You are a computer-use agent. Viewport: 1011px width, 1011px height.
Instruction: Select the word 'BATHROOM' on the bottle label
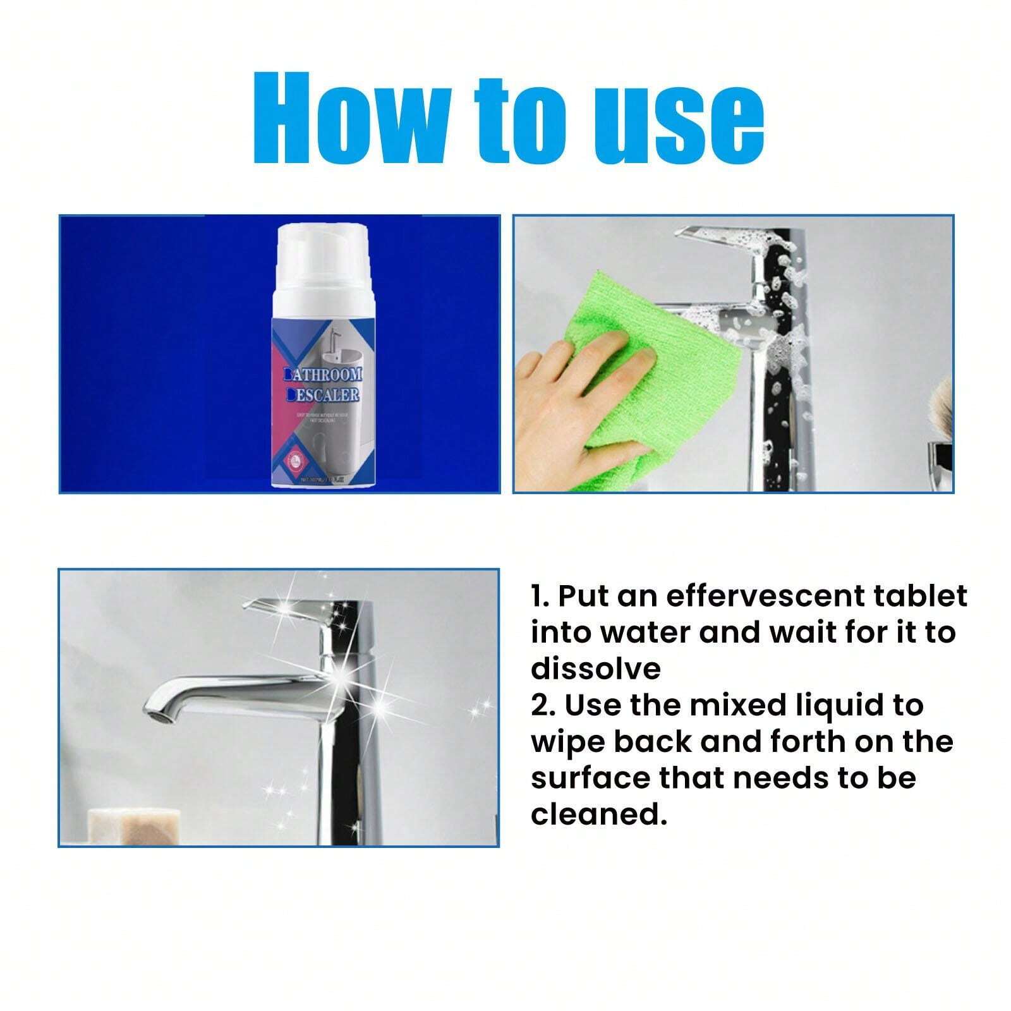click(324, 376)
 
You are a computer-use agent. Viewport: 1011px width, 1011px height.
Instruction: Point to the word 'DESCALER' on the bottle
click(324, 396)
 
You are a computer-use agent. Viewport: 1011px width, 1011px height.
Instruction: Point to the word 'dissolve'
click(596, 669)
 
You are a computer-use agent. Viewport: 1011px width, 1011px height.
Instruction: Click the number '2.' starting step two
click(543, 705)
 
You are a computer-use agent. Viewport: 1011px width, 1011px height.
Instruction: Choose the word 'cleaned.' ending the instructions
click(598, 814)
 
